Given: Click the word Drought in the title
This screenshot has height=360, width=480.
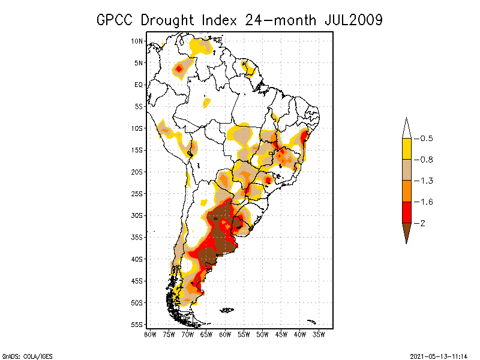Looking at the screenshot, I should pos(169,20).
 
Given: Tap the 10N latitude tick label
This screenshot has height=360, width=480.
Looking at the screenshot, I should pos(137,41).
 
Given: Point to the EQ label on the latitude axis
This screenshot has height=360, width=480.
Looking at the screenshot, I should pos(139,85).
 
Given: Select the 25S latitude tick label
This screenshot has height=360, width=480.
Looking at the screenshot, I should pos(137,193).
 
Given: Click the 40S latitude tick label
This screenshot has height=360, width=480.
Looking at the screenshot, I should pos(137,259).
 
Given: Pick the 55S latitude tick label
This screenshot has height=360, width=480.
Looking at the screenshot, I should pos(137,324).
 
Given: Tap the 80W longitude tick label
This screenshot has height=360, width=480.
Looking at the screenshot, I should pos(150,334).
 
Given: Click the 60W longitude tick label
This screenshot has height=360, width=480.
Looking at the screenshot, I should pos(225,334).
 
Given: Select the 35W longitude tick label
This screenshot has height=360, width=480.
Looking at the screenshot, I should pos(319,334).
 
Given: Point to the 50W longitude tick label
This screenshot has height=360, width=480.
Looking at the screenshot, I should pos(263,334).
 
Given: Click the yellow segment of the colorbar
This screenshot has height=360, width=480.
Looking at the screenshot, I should pos(406,149).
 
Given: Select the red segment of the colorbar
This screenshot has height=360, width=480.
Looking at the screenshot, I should pos(406,212).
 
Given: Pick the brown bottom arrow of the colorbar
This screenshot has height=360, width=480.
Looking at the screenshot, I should pos(406,231).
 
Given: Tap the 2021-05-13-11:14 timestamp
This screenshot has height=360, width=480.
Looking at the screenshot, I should pos(439,355).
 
